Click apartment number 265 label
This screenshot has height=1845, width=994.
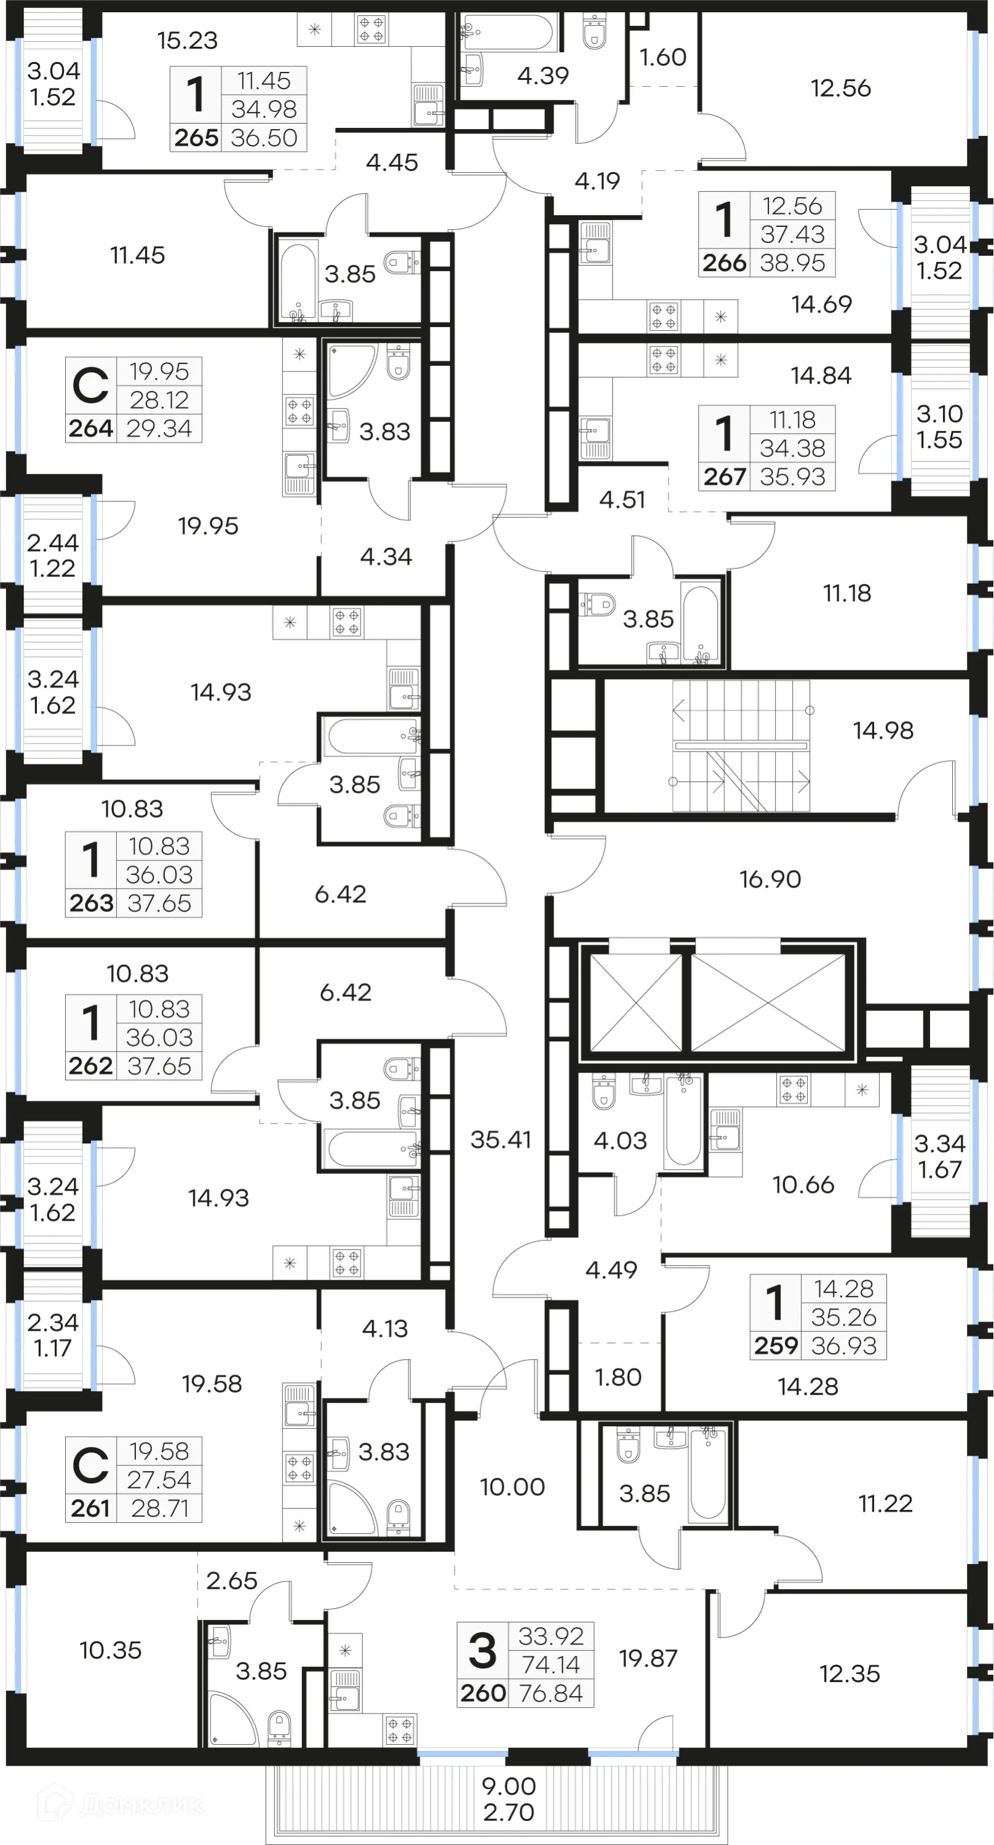tap(196, 138)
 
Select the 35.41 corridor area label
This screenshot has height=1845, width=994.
tap(501, 1140)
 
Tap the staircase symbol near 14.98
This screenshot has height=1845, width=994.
tap(741, 745)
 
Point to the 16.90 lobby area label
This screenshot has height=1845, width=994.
tap(770, 879)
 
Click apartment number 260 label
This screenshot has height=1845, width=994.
tap(483, 1693)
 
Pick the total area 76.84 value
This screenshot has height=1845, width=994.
tap(551, 1693)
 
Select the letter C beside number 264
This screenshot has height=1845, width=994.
tap(91, 386)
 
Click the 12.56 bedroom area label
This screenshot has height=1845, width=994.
tap(840, 88)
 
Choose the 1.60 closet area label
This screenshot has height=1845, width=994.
tap(662, 57)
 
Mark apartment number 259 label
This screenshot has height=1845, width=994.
tap(776, 1345)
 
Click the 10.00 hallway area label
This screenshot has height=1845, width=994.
tap(512, 1487)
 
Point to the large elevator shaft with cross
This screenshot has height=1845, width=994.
tap(768, 1002)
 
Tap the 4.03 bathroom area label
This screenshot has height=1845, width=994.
tap(620, 1140)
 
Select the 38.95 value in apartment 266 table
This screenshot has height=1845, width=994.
tap(792, 263)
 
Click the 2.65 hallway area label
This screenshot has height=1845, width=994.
tap(231, 1581)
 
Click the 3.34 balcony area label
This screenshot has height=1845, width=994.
tap(940, 1143)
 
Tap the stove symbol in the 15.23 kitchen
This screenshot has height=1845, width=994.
tap(371, 30)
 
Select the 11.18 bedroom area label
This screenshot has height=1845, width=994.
tap(846, 593)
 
